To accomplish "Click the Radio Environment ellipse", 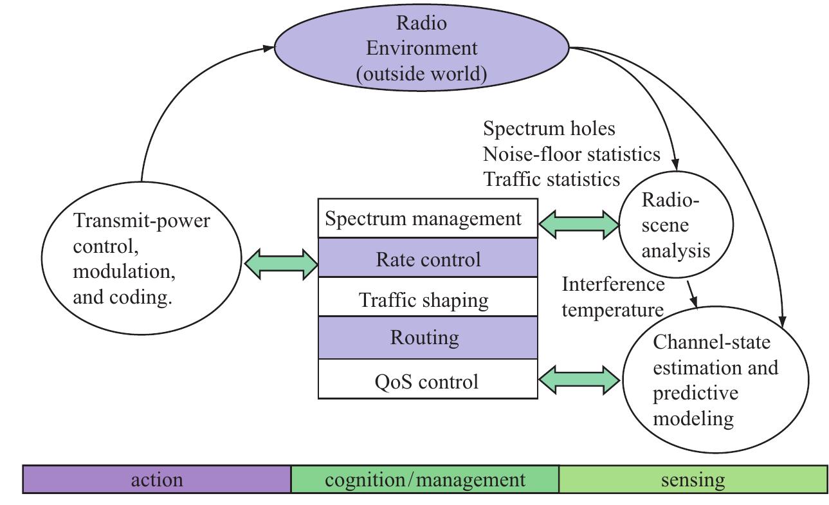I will (421, 48).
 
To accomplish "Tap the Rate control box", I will (428, 259).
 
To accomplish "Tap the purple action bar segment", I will (157, 480).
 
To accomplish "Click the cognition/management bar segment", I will (425, 480).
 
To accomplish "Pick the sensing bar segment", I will (693, 480).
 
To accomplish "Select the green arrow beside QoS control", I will (578, 380).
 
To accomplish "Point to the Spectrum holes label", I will (549, 129).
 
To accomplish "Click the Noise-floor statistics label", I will (572, 154).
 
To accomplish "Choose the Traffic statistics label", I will (551, 178).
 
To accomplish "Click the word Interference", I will (613, 284).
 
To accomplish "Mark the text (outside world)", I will (421, 74).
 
